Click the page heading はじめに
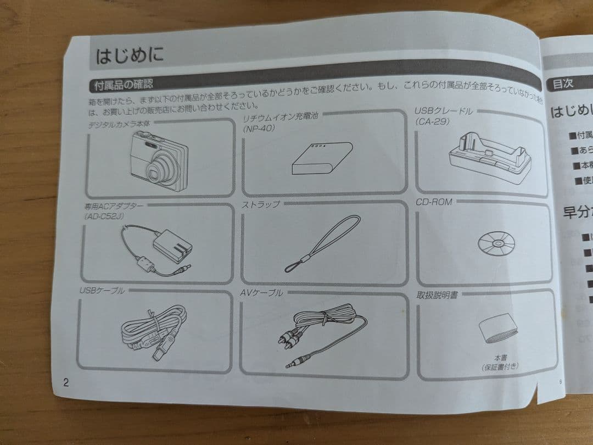[x=130, y=56]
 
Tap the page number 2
[x=66, y=383]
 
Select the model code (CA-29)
[x=433, y=121]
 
